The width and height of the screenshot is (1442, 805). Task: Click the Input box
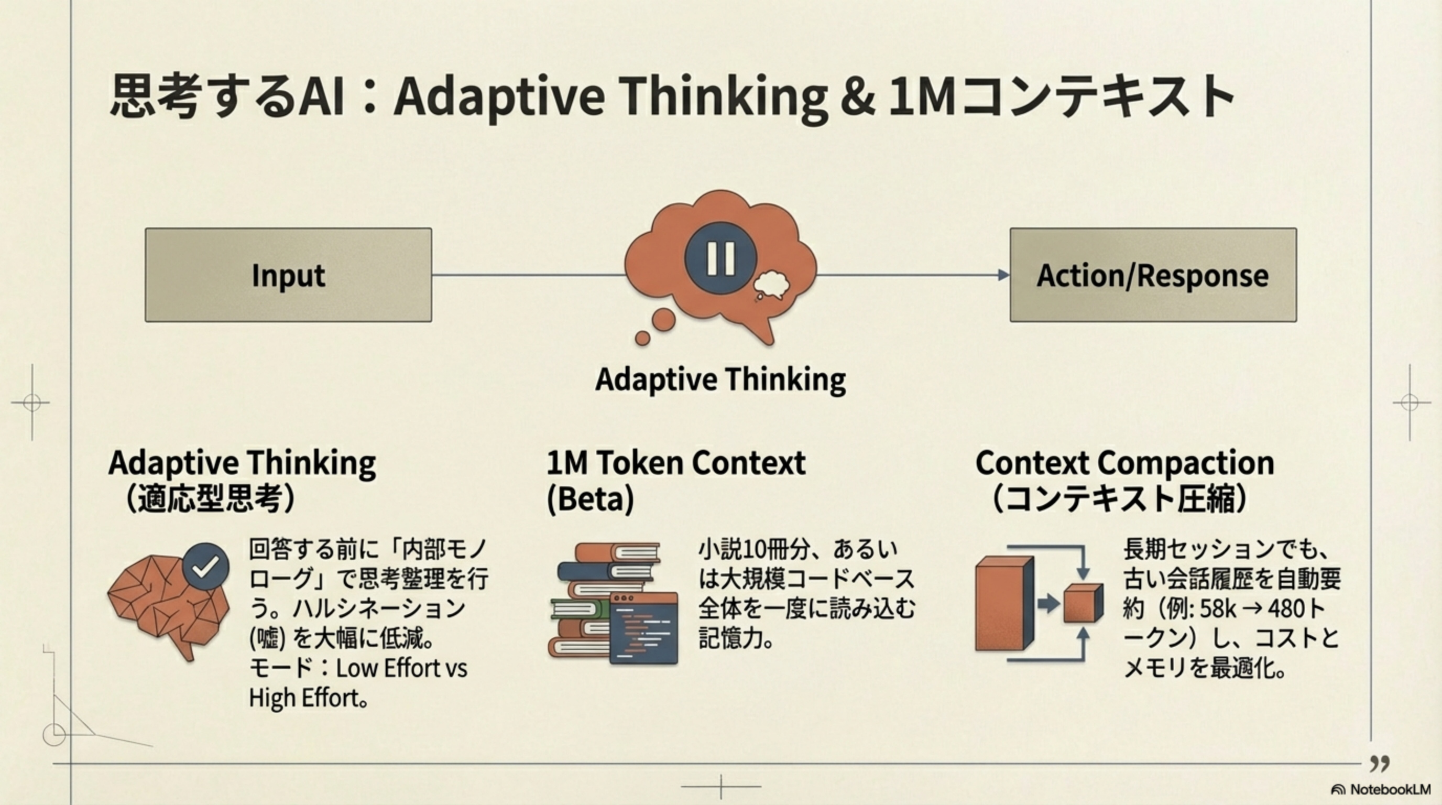288,275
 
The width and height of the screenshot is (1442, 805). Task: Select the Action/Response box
1153,275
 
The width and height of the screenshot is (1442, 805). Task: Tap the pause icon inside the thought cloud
720,258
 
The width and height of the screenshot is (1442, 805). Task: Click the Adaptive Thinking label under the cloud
720,379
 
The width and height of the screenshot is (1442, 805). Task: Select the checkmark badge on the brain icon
206,567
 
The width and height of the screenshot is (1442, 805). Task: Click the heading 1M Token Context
675,463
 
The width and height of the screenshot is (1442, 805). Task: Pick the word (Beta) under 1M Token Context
590,498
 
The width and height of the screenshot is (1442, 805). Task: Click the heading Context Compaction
1124,463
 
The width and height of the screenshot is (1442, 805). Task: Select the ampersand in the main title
857,96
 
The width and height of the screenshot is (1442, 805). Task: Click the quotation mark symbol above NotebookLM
1380,763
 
